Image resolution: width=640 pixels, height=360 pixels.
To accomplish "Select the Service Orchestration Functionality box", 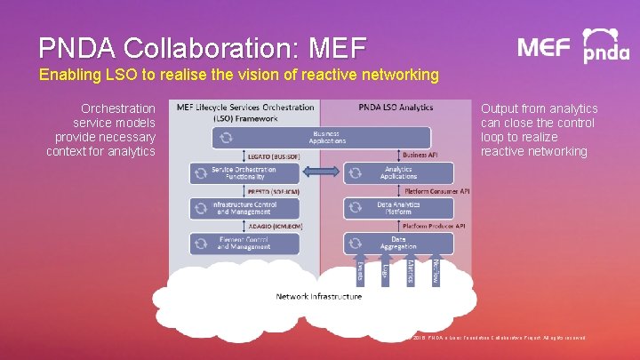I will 244,172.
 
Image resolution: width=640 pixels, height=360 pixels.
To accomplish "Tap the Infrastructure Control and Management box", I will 244,208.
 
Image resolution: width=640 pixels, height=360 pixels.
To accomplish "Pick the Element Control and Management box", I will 244,243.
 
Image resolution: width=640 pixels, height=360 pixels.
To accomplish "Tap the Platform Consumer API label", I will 436,190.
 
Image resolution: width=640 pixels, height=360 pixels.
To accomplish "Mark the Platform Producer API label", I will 436,226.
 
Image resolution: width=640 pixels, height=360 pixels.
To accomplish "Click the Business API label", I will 420,155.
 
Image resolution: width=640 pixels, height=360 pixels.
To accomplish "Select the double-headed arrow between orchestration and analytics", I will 321,172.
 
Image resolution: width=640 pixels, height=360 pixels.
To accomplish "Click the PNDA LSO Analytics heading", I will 396,108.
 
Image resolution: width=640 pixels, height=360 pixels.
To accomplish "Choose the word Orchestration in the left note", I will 118,108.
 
